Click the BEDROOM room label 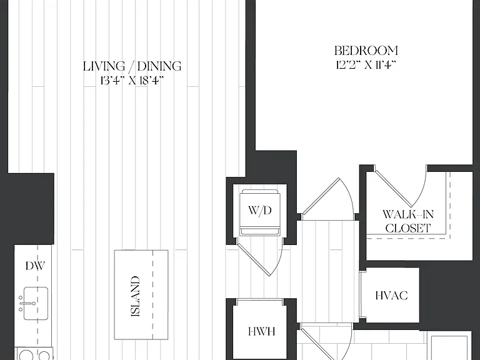click(366, 51)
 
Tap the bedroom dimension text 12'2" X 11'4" click(366, 65)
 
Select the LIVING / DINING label click(132, 66)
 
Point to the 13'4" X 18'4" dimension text click(132, 81)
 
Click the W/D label click(260, 211)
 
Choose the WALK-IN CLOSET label click(408, 221)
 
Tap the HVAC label click(391, 296)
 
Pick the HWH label click(262, 331)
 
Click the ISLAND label click(135, 296)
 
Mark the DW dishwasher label click(35, 266)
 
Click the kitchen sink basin click(36, 303)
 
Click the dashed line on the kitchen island click(152, 295)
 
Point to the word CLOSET click(408, 228)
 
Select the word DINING click(159, 66)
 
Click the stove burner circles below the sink click(34, 355)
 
